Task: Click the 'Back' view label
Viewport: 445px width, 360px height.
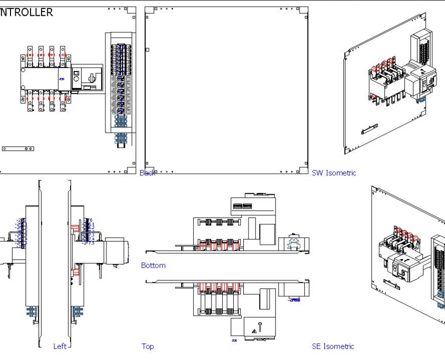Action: [147, 173]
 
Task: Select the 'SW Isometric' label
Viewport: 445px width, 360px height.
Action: [333, 173]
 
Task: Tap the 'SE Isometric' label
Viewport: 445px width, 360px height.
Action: [333, 346]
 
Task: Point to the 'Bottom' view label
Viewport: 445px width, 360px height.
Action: [153, 265]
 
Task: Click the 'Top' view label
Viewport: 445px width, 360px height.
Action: [147, 346]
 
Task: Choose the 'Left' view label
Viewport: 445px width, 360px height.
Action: [60, 346]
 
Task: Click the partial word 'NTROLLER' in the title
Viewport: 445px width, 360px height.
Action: [26, 12]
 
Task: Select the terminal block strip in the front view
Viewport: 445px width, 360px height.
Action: [120, 79]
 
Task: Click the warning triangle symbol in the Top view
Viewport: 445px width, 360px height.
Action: [254, 331]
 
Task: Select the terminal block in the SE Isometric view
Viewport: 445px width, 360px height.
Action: [438, 274]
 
